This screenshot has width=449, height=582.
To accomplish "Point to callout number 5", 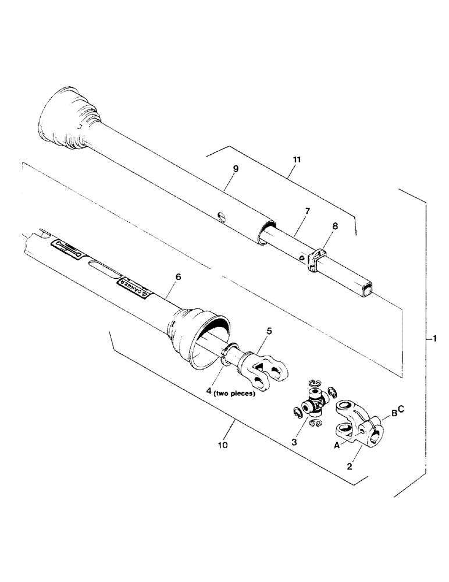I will (x=269, y=331).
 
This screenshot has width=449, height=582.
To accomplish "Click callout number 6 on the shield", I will (x=178, y=278).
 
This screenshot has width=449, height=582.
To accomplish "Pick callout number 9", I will (x=236, y=169).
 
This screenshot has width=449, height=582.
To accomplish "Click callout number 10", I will (x=223, y=445).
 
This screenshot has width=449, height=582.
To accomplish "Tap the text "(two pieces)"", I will (x=234, y=393).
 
